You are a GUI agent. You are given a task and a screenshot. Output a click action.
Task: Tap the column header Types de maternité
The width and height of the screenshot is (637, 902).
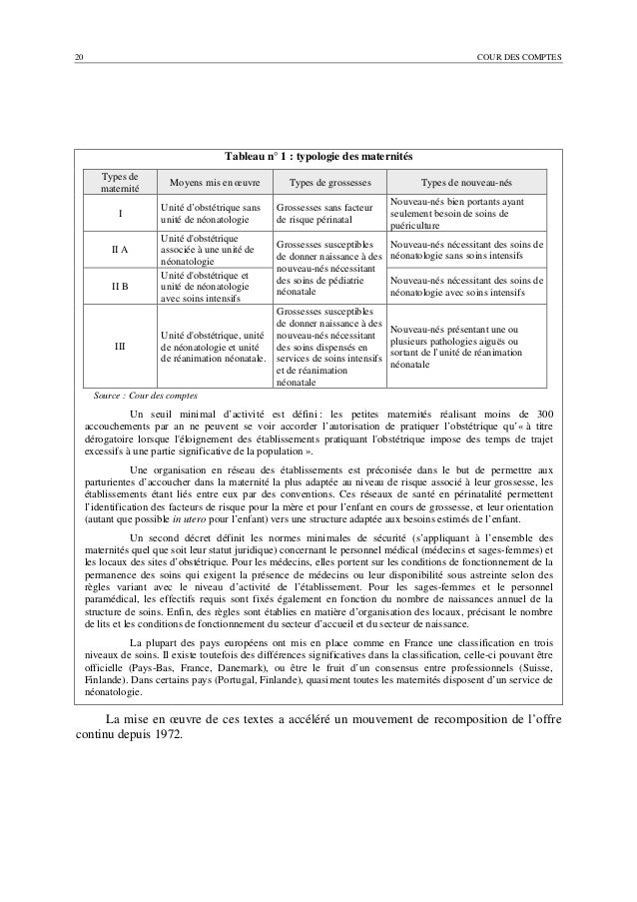coord(119,183)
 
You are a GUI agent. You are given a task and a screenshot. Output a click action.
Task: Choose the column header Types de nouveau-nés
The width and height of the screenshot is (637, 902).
coord(466,184)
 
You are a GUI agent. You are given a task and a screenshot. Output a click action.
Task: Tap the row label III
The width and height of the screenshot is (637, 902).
coord(119,347)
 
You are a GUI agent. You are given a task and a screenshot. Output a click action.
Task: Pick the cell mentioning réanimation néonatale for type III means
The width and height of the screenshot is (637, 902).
coord(211,347)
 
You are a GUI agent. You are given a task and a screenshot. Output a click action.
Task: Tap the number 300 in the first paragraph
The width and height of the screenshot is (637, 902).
coord(543,415)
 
